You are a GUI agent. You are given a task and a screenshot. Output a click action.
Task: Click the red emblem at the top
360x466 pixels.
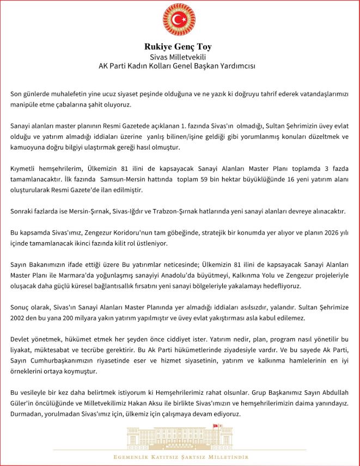pos(179,20)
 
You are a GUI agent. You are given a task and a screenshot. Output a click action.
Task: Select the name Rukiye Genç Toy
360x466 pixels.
pos(179,46)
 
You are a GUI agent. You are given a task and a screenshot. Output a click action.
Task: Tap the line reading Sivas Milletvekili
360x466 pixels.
pos(179,57)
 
